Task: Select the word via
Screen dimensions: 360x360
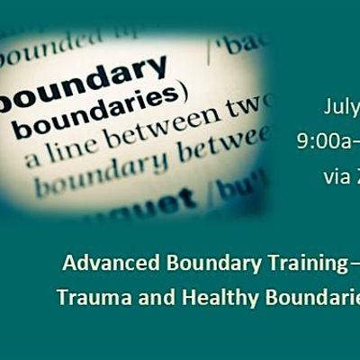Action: point(335,176)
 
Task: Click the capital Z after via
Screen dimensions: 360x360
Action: point(355,176)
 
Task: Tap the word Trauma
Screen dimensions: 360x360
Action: point(91,298)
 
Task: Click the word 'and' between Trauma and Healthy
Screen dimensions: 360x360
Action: point(149,298)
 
